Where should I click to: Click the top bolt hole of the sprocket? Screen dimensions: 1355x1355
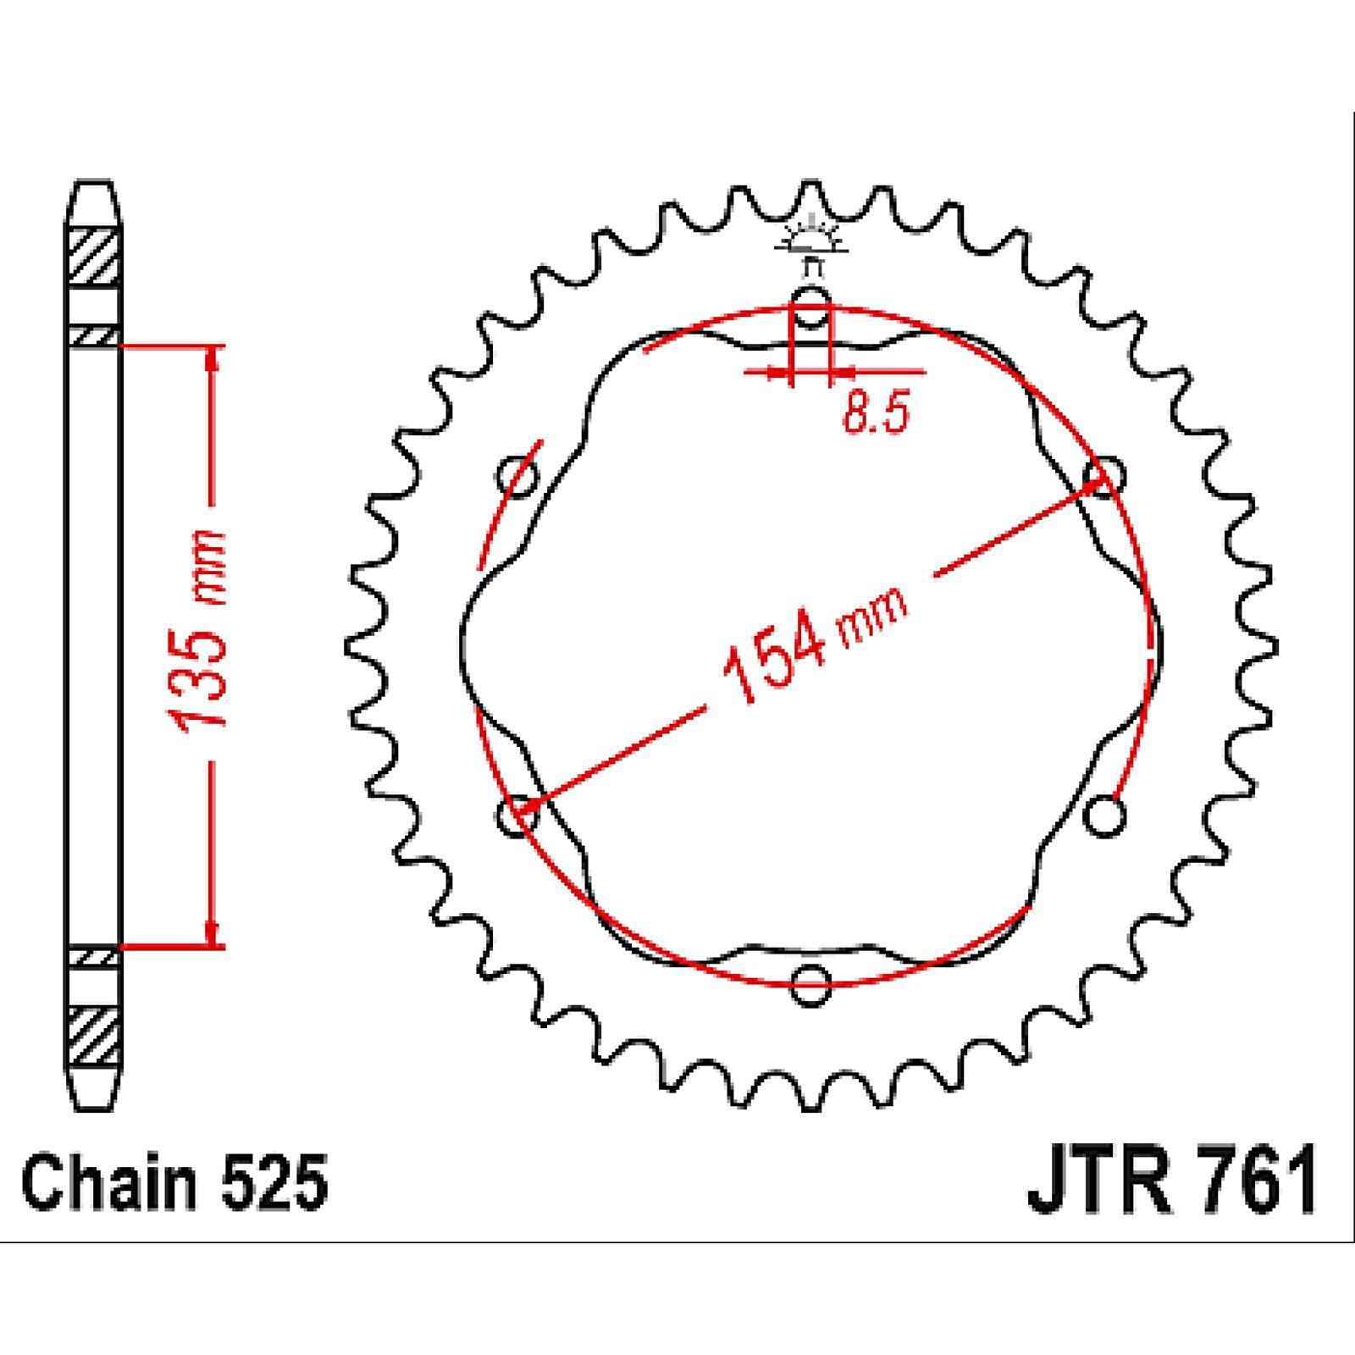(x=811, y=307)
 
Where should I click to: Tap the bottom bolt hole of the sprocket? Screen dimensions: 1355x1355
(x=810, y=983)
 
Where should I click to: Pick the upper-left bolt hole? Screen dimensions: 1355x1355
(x=518, y=477)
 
